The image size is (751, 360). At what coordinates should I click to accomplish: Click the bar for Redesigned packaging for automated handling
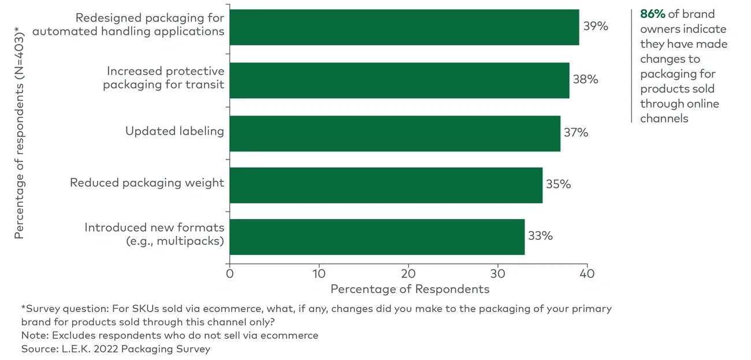click(404, 27)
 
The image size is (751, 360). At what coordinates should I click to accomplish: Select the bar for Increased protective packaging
click(399, 80)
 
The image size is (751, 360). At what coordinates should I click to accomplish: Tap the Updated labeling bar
click(395, 133)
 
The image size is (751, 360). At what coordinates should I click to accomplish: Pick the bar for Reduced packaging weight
click(386, 185)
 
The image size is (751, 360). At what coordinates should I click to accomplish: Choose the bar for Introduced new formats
click(377, 237)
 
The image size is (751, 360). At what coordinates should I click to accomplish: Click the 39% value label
click(595, 27)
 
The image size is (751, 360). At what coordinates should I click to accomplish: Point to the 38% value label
click(585, 80)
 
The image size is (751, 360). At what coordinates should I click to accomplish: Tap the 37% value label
click(576, 133)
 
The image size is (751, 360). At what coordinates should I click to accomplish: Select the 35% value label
click(558, 185)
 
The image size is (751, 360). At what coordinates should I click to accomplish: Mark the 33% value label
click(540, 236)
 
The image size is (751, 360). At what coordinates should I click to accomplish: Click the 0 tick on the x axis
click(230, 273)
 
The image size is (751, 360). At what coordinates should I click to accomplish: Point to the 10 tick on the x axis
click(319, 273)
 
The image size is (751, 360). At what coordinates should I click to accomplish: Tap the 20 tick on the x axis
click(408, 273)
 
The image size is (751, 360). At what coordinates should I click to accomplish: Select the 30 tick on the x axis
click(497, 273)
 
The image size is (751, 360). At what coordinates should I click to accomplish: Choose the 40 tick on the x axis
click(586, 273)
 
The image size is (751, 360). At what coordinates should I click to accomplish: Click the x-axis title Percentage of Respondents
click(410, 289)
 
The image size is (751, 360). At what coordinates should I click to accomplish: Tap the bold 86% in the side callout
click(652, 14)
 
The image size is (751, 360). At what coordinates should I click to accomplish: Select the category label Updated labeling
click(174, 132)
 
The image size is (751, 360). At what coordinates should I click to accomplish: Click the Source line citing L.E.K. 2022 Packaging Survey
click(116, 349)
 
